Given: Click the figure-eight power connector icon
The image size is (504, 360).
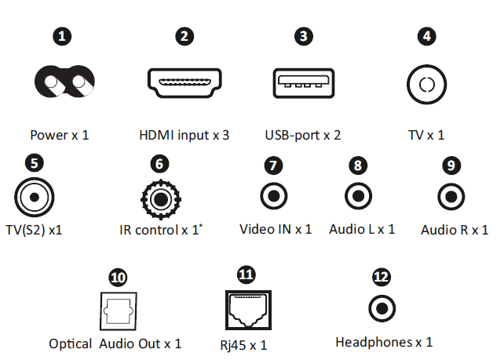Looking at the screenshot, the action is [64, 82].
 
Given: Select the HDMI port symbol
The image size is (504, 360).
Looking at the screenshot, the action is [184, 82].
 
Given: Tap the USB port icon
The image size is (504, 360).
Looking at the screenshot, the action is [304, 83].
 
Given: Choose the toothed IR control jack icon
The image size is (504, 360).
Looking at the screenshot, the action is [161, 199].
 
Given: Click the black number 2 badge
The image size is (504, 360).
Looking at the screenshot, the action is [184, 36].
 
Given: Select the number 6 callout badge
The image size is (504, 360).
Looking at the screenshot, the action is [159, 164].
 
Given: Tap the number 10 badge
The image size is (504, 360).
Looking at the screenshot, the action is [118, 278].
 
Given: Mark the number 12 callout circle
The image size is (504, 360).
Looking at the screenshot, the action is [382, 277].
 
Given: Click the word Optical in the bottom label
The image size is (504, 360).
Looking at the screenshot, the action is [70, 344].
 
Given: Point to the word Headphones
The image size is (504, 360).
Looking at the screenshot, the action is [374, 342].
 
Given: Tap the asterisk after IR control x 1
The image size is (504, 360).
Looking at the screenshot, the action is [201, 225].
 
